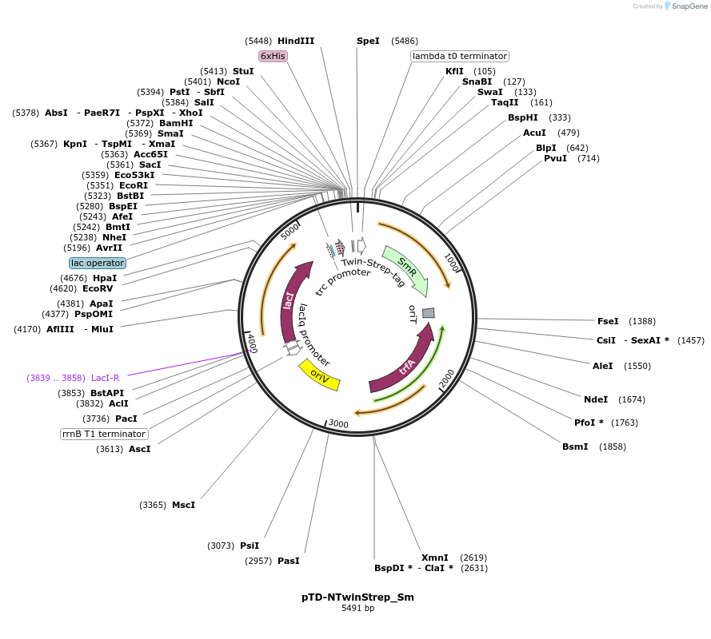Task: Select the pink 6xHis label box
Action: (273, 56)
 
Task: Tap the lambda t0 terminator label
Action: (460, 56)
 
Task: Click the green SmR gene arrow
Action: (406, 269)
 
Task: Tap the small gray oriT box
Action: (429, 312)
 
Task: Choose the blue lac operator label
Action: (98, 263)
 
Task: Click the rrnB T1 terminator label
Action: (105, 434)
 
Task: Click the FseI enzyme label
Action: (608, 321)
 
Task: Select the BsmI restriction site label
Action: (575, 447)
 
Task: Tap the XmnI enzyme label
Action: (434, 558)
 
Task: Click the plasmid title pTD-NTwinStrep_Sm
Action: (357, 597)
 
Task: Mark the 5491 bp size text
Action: (357, 609)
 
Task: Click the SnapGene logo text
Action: (687, 6)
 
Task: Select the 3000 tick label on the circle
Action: (339, 423)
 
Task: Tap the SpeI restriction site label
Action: (368, 41)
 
